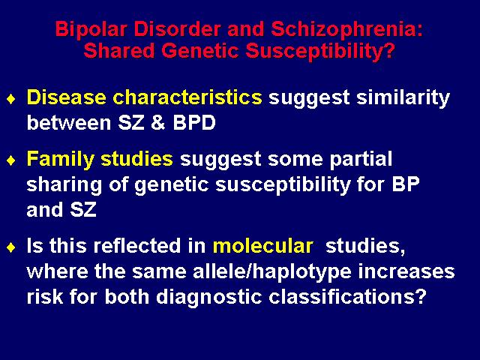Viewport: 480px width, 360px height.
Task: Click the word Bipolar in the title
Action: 91,30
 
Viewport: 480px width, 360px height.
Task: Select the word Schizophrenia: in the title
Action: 346,30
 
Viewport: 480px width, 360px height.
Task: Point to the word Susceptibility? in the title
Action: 320,52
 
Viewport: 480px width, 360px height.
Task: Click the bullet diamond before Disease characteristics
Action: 11,99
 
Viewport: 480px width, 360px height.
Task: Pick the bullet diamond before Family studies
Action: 11,160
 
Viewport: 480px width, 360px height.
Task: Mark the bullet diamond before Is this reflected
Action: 11,247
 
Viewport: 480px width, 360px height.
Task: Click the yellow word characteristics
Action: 187,97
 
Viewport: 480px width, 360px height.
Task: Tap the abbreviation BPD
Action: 194,123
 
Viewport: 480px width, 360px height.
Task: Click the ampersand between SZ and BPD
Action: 158,123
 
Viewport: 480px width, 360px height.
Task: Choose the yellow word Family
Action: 60,160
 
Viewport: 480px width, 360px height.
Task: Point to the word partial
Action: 361,160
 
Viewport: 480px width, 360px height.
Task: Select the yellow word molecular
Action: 263,245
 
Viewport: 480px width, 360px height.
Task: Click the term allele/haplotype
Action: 272,272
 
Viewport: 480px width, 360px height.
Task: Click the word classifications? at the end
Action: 347,297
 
